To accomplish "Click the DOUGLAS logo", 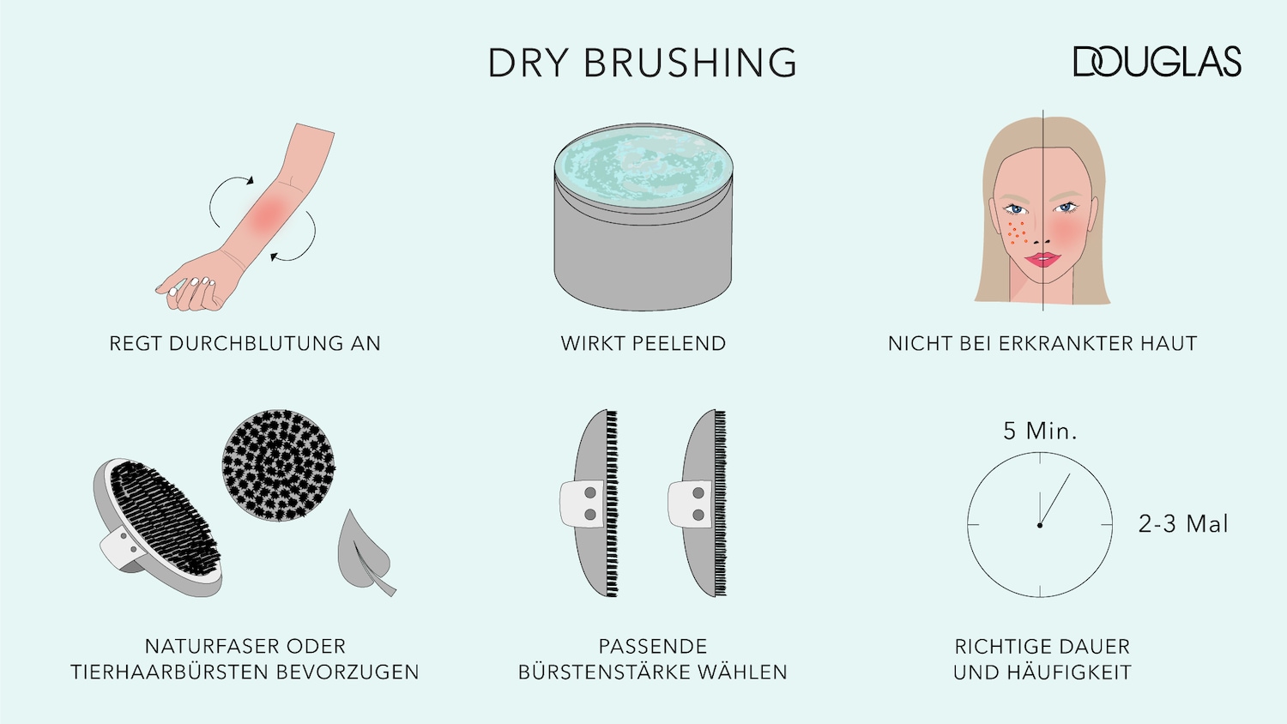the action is [1157, 62].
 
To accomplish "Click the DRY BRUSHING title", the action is [643, 62].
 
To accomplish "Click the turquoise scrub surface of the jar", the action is [643, 166].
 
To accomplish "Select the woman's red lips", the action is [1042, 260].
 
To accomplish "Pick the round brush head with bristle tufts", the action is [279, 466].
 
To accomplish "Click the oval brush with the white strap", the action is [158, 527].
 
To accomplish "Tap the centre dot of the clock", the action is [1039, 525].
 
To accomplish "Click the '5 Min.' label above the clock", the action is [1040, 431].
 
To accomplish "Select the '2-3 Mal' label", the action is [1183, 524].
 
